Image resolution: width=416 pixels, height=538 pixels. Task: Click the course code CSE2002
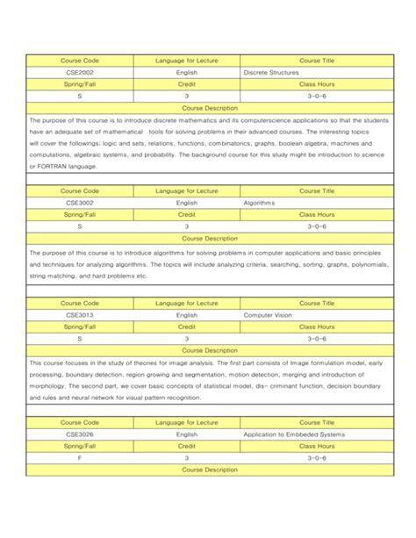pos(80,72)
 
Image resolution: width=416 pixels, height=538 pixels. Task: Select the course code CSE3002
pos(80,202)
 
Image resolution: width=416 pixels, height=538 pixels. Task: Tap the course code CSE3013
pos(80,314)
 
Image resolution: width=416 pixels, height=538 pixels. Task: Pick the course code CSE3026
pos(80,434)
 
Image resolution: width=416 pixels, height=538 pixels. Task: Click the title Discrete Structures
pos(272,72)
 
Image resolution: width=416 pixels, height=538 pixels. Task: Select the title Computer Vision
pos(266,314)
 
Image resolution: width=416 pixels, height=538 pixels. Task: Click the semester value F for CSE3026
pos(80,457)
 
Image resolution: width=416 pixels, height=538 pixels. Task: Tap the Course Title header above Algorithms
pos(317,190)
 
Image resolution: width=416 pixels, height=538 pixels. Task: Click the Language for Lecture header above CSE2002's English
pos(186,61)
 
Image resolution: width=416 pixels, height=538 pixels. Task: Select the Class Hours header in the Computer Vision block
pos(317,326)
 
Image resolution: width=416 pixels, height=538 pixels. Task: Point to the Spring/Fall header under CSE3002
pos(80,213)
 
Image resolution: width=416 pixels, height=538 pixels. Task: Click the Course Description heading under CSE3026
pos(209,470)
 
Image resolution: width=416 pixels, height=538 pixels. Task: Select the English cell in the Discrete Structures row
pos(186,72)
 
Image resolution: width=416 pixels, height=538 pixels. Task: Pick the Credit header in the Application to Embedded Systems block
pos(186,446)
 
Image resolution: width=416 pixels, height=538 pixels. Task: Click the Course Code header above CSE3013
pos(80,303)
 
